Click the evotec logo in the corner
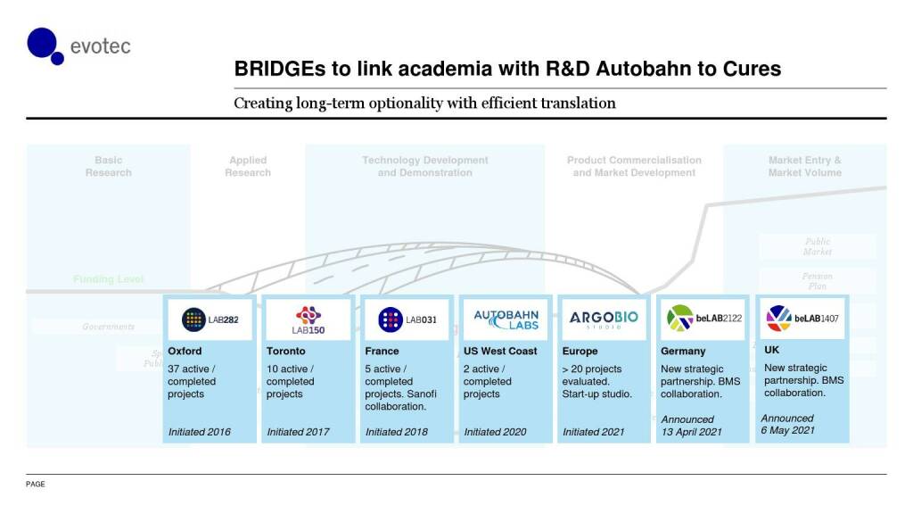[78, 46]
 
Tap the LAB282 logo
[210, 319]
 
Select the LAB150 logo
[308, 319]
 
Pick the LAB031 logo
[407, 319]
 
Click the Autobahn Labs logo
[506, 319]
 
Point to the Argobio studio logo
[605, 319]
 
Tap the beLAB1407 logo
[802, 318]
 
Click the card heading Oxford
[185, 352]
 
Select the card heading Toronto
[285, 352]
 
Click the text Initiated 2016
[200, 432]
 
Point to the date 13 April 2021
[691, 432]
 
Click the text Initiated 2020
[495, 432]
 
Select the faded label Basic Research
[109, 167]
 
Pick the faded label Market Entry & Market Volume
[804, 167]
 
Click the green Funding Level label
[108, 279]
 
